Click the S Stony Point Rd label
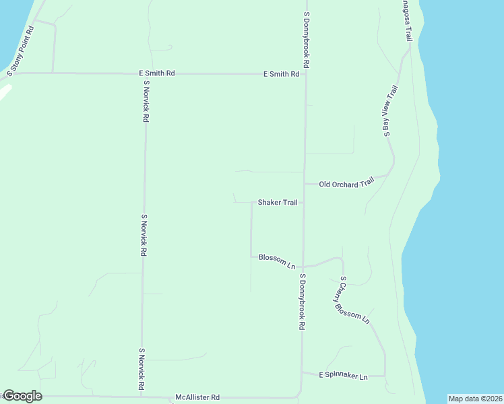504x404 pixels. click(20, 50)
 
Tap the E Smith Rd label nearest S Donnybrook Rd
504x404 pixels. click(281, 74)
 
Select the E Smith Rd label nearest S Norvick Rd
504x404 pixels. click(157, 73)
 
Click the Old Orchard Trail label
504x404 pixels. click(346, 183)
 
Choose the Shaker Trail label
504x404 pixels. click(278, 203)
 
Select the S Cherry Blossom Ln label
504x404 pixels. click(354, 300)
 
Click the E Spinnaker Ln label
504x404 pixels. click(344, 376)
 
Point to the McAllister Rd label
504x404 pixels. click(197, 397)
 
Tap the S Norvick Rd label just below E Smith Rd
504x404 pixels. click(146, 101)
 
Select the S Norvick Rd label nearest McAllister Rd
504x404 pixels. click(142, 369)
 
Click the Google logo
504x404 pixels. click(22, 396)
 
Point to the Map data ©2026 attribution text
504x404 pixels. click(475, 399)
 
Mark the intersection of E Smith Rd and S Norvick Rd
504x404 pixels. click(146, 73)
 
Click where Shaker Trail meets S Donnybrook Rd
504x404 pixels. click(303, 202)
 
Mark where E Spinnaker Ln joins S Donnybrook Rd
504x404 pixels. click(302, 372)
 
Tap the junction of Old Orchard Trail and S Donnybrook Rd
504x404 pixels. click(304, 183)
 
